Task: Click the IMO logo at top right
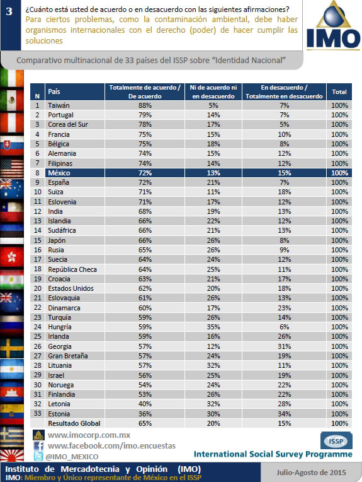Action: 333,26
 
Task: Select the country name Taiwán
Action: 59,105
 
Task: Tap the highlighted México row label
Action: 59,173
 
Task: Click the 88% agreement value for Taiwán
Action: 145,105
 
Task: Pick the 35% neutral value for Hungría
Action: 213,327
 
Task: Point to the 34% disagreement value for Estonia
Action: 285,414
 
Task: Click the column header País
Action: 54,91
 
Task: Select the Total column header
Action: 339,91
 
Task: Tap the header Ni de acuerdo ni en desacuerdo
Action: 213,91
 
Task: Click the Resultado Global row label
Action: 74,423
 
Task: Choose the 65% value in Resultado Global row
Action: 145,423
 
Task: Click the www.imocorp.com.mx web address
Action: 89,435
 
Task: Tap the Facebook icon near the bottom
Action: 38,446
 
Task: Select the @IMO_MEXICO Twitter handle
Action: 72,457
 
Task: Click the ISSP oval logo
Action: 336,441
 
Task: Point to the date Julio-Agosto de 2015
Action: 311,473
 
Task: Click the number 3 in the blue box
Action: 9,11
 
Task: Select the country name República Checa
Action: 72,269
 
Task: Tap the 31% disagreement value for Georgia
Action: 285,346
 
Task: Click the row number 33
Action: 37,413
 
